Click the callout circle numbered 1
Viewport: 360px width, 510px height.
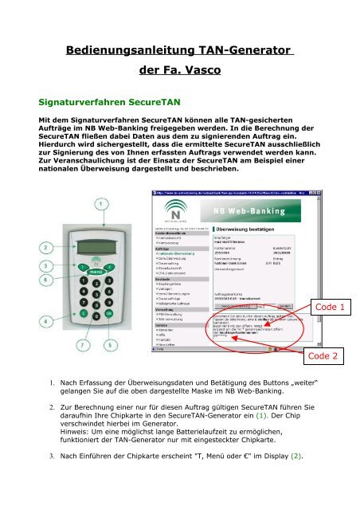point(99,205)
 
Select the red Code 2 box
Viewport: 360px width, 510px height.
point(325,355)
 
